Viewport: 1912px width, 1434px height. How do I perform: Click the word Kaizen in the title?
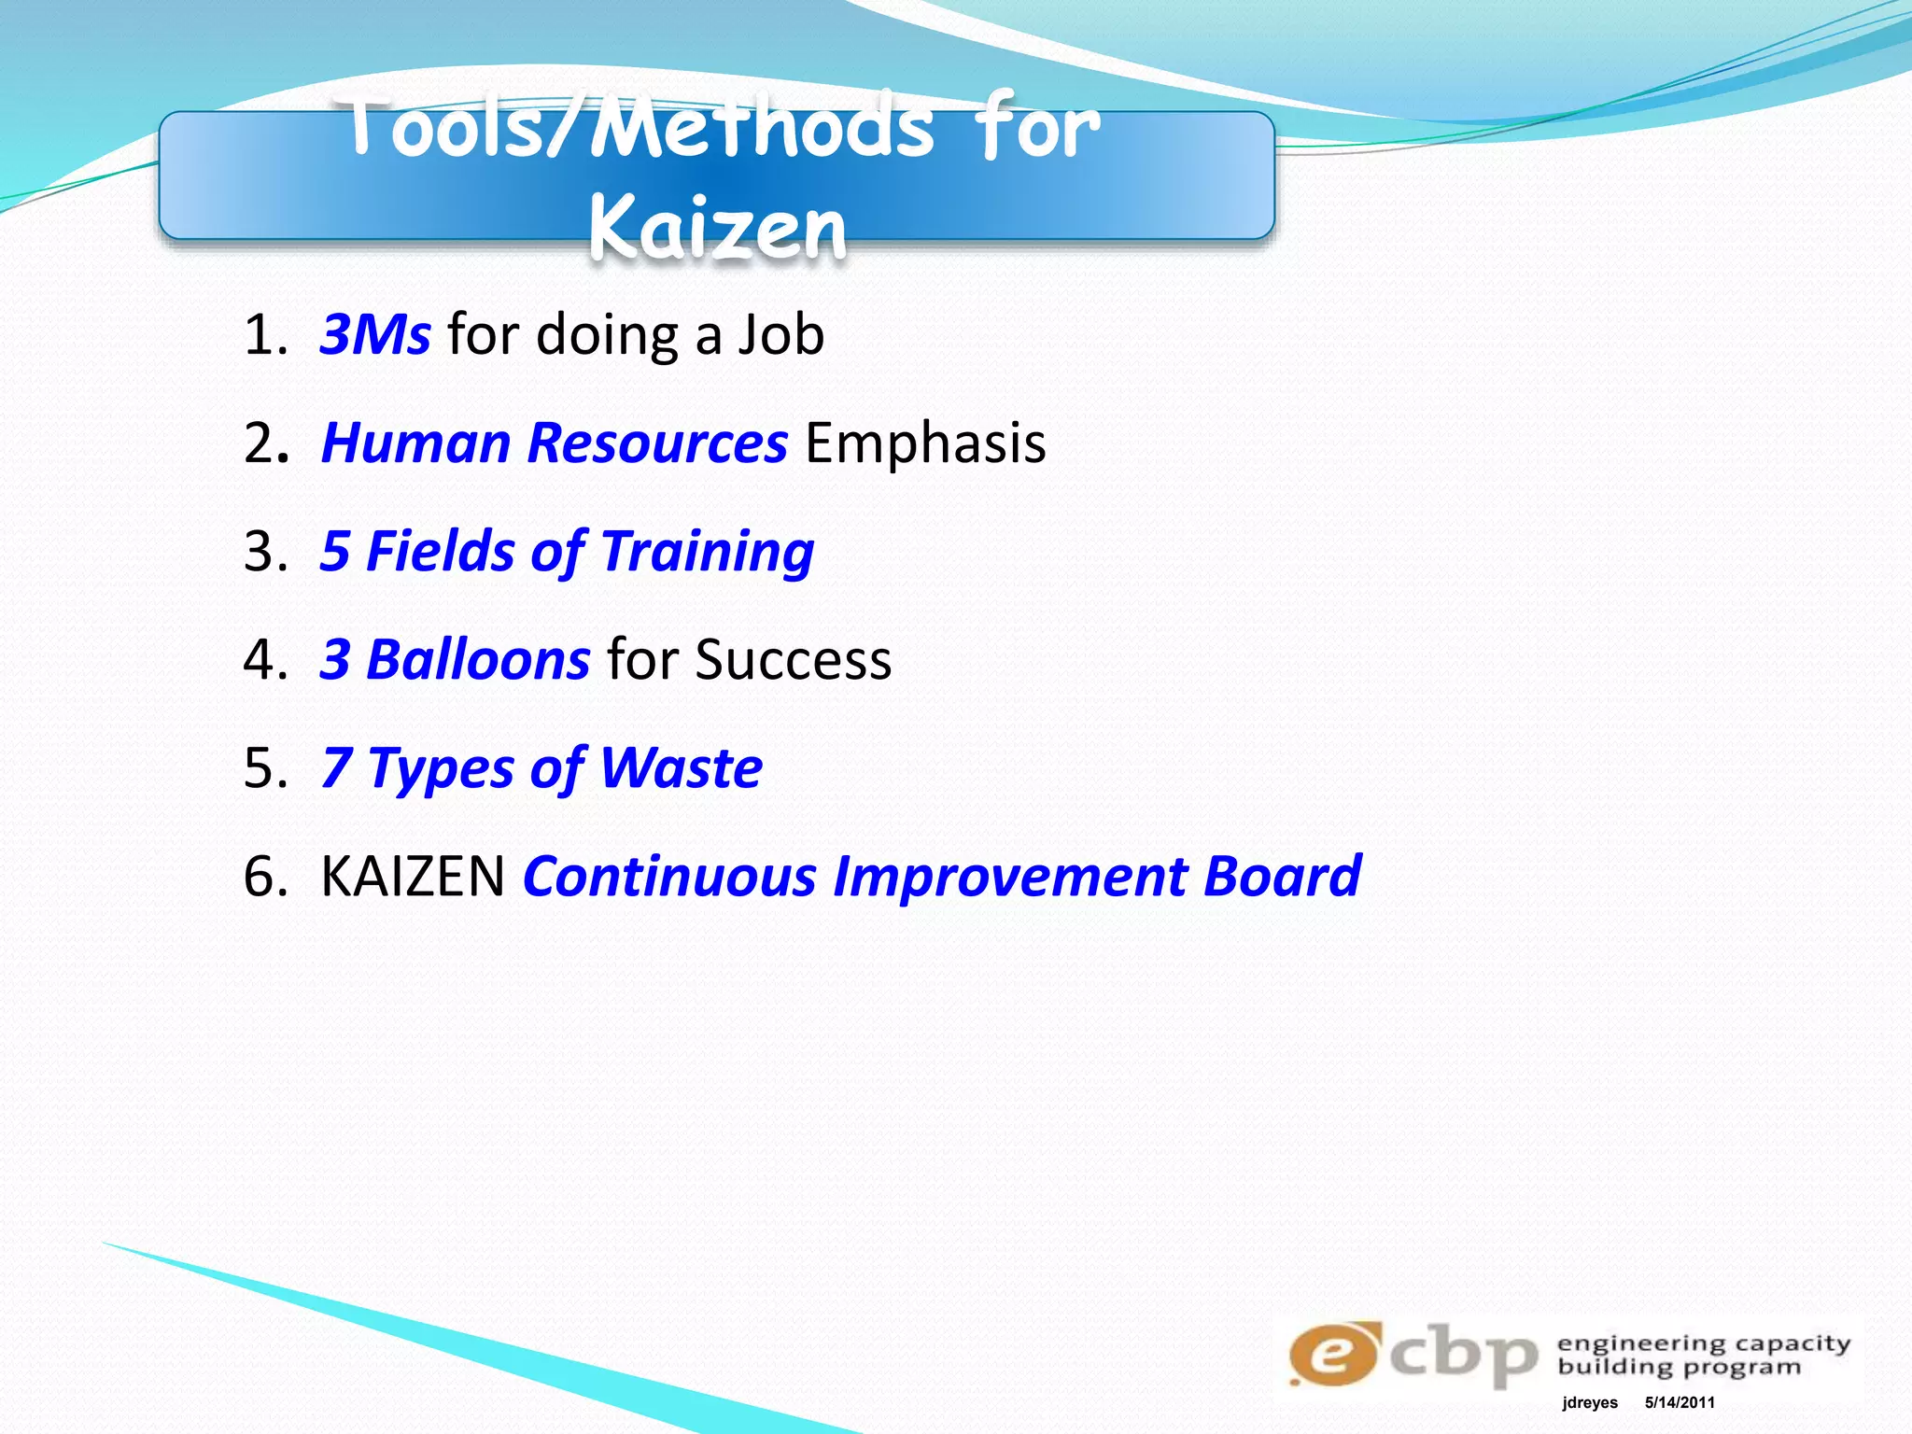click(x=717, y=227)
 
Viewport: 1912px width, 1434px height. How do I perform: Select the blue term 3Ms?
click(x=374, y=334)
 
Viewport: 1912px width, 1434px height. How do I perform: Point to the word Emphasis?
click(x=924, y=443)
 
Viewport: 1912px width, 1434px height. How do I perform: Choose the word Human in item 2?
click(x=415, y=443)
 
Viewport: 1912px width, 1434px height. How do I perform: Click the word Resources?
click(x=657, y=443)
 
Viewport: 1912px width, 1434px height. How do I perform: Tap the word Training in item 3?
click(x=708, y=551)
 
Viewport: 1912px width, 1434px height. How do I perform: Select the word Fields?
click(x=440, y=551)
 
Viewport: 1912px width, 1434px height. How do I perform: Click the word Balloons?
click(x=478, y=659)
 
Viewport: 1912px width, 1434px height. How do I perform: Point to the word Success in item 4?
click(x=793, y=659)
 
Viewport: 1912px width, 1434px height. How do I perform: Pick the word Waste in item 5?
click(x=681, y=767)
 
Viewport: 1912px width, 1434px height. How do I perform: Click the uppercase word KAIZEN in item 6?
click(x=413, y=876)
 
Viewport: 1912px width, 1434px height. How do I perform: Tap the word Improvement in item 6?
click(x=1009, y=876)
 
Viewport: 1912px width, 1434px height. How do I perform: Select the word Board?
click(x=1281, y=876)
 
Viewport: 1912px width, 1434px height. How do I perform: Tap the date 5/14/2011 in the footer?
click(x=1680, y=1402)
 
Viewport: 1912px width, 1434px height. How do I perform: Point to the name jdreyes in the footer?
click(x=1589, y=1402)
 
